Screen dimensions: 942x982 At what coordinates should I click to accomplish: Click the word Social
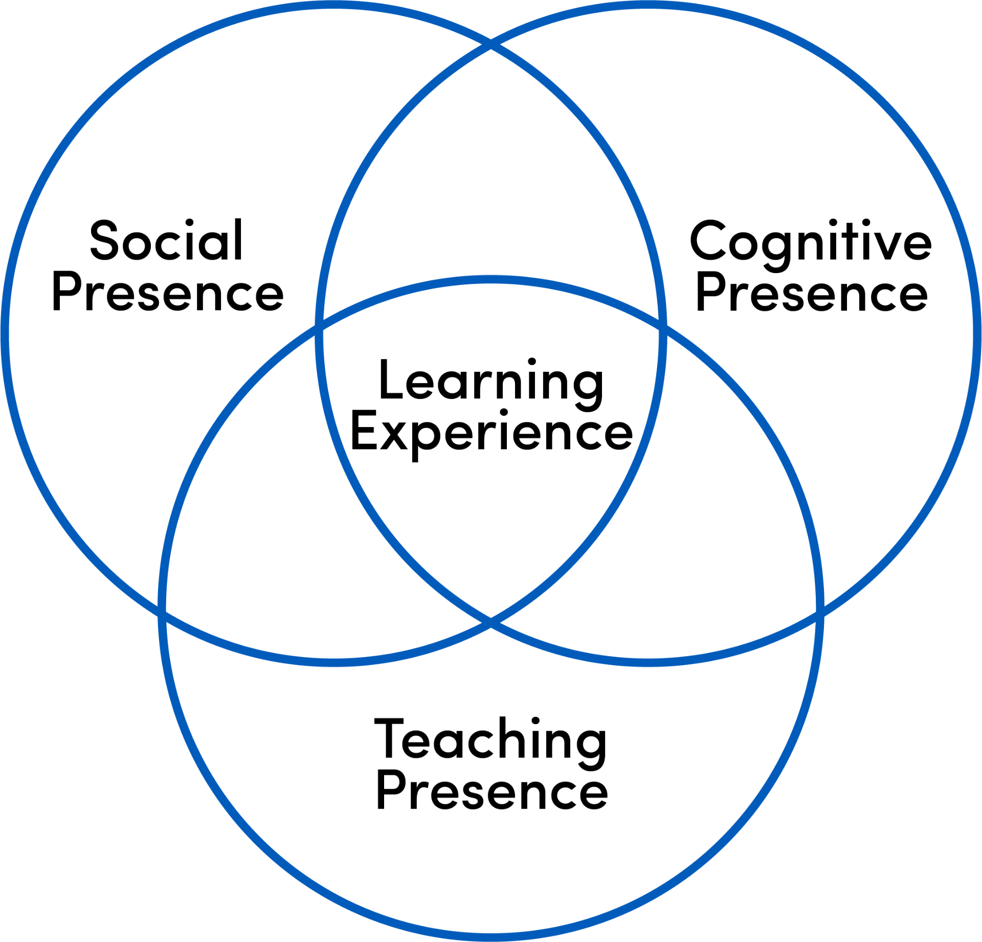(166, 240)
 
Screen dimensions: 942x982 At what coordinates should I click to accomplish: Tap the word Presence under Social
(168, 292)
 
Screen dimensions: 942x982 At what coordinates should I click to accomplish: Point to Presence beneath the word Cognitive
(812, 292)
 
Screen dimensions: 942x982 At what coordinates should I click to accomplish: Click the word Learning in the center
(491, 380)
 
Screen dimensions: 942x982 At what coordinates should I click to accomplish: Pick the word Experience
(491, 433)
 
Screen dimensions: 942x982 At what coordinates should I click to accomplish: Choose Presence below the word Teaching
(492, 791)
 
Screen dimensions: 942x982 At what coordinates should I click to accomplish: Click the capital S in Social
(104, 240)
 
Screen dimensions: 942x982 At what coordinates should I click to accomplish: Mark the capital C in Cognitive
(708, 240)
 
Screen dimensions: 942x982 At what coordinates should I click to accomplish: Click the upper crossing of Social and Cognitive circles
(491, 44)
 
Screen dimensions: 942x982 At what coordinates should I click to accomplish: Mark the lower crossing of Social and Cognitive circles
(491, 621)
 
